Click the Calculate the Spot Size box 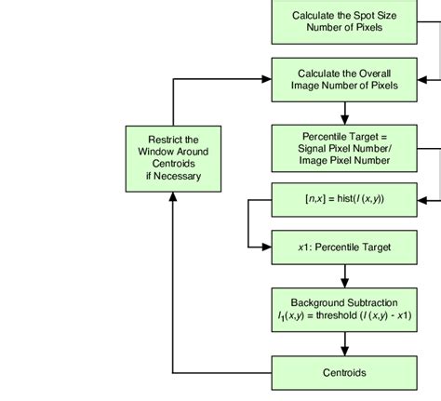point(344,21)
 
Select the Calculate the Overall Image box point(344,79)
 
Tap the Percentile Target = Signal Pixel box point(344,147)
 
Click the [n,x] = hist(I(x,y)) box point(344,198)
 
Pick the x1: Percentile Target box point(344,247)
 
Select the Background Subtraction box point(344,309)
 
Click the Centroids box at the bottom point(344,373)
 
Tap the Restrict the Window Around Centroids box point(173,158)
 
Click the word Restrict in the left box point(173,140)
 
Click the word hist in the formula point(341,198)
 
